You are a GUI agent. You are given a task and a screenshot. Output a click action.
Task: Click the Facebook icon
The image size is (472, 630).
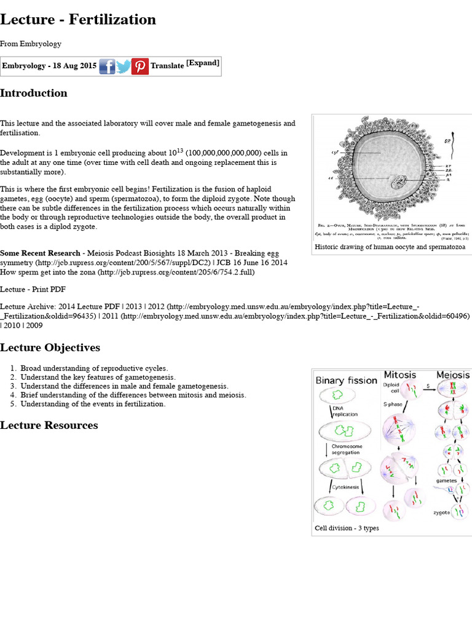[x=107, y=66]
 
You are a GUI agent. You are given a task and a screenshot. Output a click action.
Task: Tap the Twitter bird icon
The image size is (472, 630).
[x=124, y=66]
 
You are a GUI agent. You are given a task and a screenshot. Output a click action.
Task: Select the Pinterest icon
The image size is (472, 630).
[x=140, y=66]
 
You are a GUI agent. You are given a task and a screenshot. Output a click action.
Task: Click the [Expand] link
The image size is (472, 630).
[x=203, y=63]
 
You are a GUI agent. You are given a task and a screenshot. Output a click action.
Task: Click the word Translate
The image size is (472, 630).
[x=167, y=66]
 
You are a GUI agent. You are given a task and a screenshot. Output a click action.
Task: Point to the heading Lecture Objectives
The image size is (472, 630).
[x=50, y=348]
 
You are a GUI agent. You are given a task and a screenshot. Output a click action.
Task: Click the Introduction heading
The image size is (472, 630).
[x=34, y=94]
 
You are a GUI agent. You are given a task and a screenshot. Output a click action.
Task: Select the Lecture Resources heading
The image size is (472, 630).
[x=49, y=425]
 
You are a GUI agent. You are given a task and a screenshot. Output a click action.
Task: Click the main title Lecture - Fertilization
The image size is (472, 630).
[x=78, y=20]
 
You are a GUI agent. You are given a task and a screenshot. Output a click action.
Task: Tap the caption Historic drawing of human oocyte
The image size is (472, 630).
[x=390, y=247]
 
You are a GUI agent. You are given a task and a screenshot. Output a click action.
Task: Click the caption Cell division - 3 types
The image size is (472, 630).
[x=346, y=528]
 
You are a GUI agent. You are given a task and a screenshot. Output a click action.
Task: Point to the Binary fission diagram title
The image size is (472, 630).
[x=346, y=380]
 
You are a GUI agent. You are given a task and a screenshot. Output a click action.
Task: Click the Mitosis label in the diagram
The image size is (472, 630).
[x=400, y=375]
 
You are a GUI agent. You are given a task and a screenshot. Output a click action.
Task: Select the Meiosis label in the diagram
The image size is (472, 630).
[x=453, y=375]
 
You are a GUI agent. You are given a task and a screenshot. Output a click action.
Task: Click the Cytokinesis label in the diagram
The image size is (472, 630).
[x=346, y=487]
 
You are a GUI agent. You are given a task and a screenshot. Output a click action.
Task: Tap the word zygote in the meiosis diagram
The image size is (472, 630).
[x=441, y=512]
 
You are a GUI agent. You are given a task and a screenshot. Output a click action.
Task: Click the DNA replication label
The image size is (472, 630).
[x=345, y=411]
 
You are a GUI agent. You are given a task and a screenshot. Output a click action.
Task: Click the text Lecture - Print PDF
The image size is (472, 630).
[x=33, y=289]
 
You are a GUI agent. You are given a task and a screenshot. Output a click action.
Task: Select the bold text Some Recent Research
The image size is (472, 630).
[x=40, y=253]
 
